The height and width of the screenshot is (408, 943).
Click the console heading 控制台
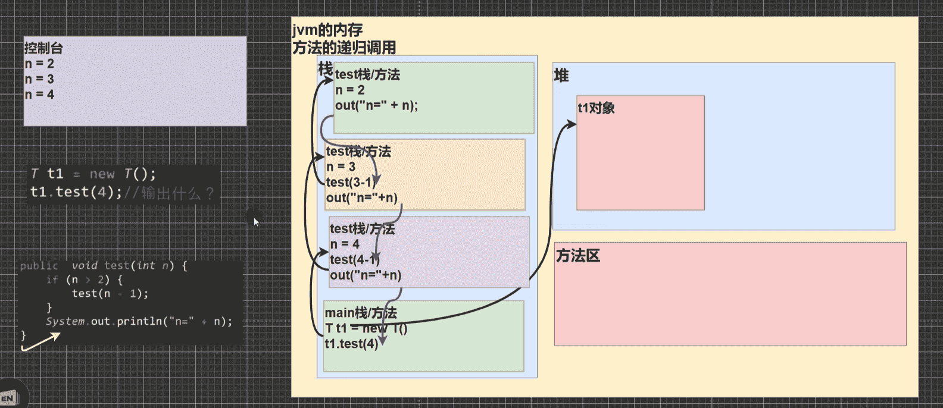click(x=43, y=48)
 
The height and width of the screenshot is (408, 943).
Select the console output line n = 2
click(x=39, y=64)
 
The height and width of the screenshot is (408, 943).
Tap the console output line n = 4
click(x=39, y=95)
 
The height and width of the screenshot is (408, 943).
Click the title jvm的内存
click(x=327, y=30)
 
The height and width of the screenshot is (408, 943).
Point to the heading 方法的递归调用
click(x=344, y=48)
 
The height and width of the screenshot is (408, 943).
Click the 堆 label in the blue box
click(x=561, y=76)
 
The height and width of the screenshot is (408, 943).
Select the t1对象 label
click(x=596, y=108)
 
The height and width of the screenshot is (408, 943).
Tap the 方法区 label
click(x=577, y=256)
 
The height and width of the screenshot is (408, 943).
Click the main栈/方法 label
click(x=360, y=313)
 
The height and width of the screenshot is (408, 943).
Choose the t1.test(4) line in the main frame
click(x=351, y=344)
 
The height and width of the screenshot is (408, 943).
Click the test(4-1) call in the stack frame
click(x=354, y=259)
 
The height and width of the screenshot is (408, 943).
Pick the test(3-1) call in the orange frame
click(x=351, y=182)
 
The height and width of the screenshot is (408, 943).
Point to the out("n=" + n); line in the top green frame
click(x=376, y=105)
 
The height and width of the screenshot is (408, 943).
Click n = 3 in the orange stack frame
click(x=341, y=167)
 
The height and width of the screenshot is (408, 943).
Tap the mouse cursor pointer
click(x=256, y=222)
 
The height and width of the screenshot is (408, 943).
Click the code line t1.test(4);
click(x=76, y=192)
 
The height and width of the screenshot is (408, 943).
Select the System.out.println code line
click(x=139, y=321)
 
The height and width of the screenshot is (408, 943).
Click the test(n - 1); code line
click(x=110, y=293)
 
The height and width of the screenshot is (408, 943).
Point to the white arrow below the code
click(x=41, y=341)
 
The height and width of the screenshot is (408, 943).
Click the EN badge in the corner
click(x=8, y=398)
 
